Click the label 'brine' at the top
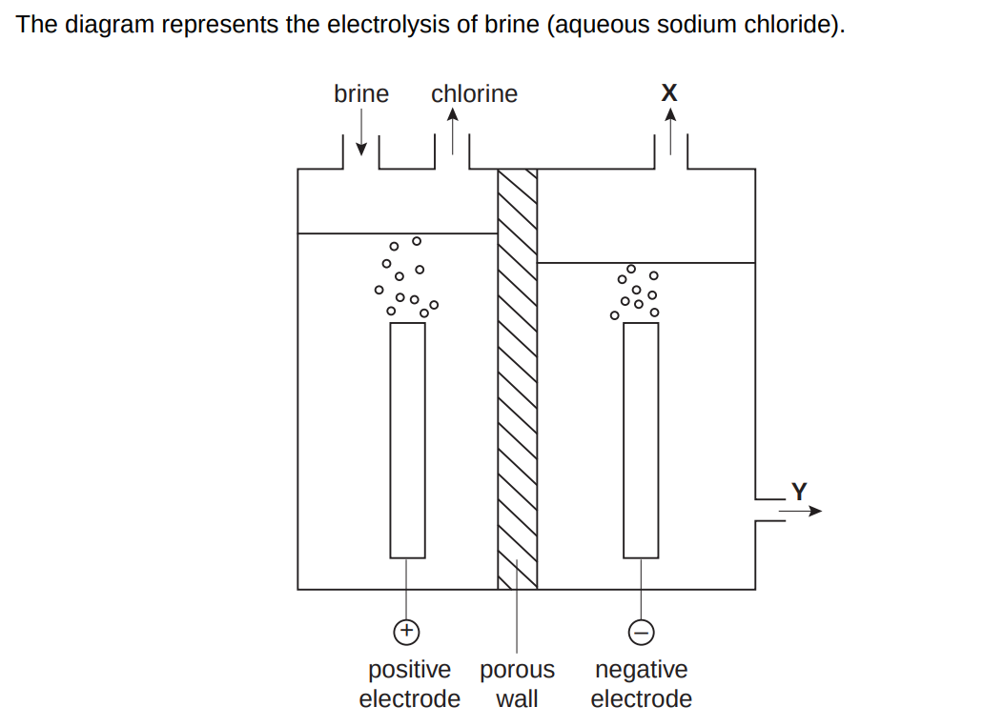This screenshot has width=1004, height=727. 361,94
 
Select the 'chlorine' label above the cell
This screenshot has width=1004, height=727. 474,94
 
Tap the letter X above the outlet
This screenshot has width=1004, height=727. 669,92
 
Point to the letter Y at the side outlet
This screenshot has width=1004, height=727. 799,492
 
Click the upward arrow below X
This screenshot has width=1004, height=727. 670,131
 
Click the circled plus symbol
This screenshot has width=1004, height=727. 407,630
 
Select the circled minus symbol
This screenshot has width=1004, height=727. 641,631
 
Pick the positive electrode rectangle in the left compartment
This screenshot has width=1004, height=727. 407,439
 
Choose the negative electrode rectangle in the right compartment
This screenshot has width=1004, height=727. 641,439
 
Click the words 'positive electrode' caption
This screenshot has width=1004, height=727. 410,684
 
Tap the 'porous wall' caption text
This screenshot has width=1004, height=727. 518,684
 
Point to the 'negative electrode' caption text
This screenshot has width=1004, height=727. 641,684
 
